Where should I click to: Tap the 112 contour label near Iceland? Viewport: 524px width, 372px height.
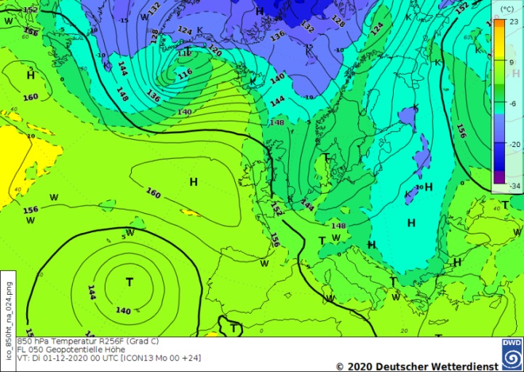186,53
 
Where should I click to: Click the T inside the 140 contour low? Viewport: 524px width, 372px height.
130,282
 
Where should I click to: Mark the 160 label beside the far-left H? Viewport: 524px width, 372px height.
31,98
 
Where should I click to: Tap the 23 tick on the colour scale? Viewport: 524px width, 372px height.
514,23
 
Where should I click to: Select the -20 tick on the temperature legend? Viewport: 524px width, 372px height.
513,144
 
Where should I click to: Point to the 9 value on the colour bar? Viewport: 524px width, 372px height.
514,63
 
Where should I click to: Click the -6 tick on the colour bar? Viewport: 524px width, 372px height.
513,103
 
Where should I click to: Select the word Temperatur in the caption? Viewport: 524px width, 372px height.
67,341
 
